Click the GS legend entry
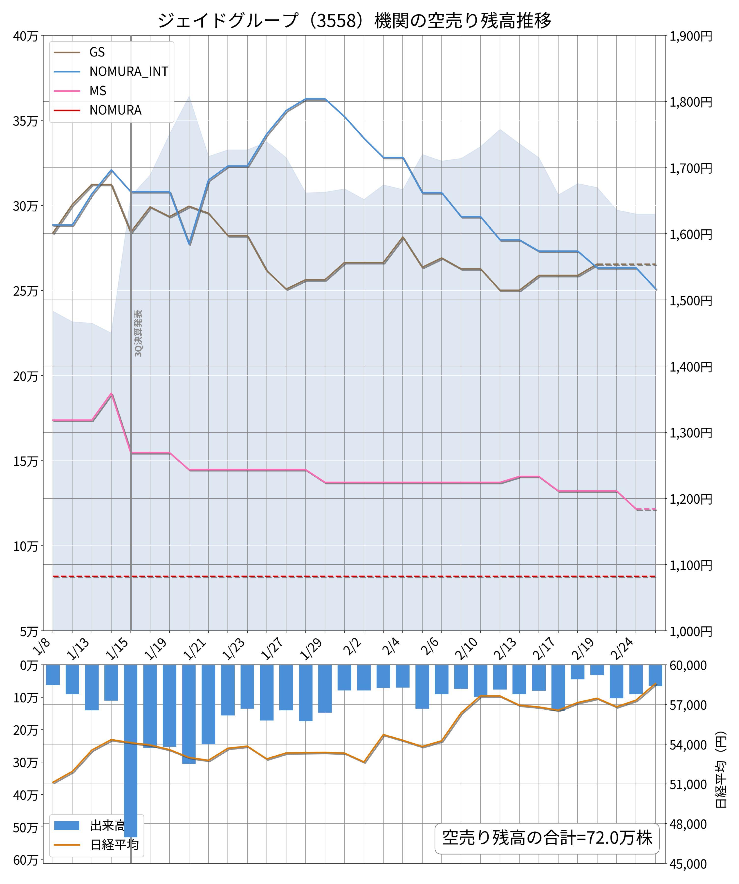[97, 52]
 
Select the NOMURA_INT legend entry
[128, 71]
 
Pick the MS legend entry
[98, 91]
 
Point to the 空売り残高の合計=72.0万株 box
[547, 838]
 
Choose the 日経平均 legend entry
[114, 845]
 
